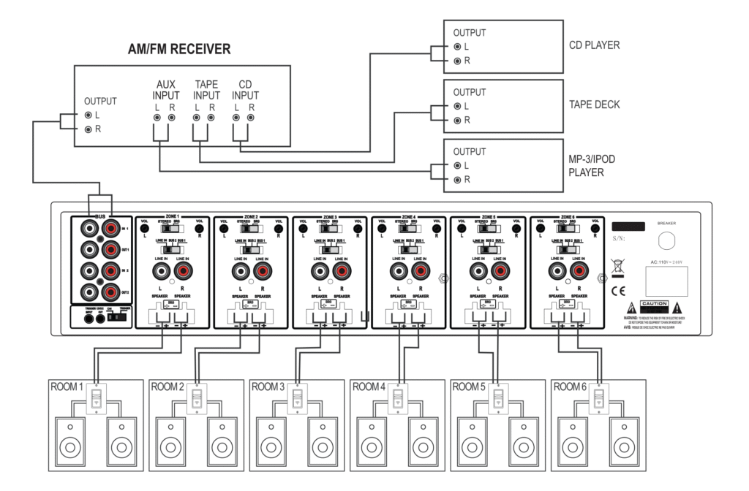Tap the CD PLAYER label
[x=594, y=45]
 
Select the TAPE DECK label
[x=594, y=104]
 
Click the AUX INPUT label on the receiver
[x=166, y=90]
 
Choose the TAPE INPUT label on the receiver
[x=207, y=90]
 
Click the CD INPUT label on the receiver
[x=244, y=90]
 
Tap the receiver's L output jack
[x=88, y=115]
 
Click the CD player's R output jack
[x=457, y=60]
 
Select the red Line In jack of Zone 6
[x=579, y=273]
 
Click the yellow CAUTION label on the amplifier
[x=655, y=303]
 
